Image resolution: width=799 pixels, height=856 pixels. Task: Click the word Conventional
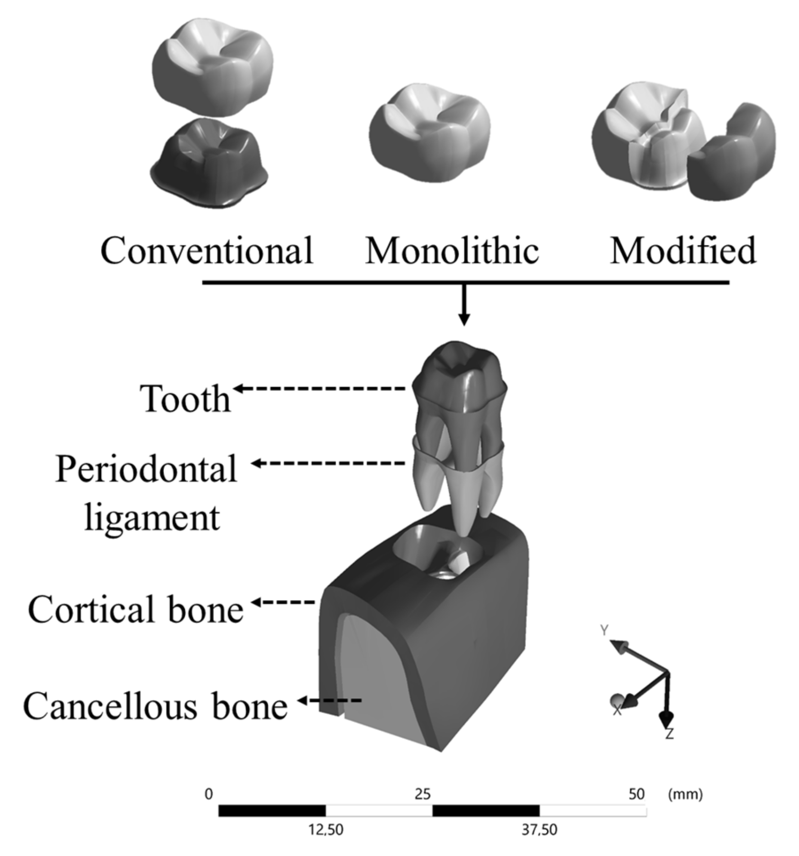click(x=207, y=251)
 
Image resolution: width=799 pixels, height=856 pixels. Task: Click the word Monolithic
click(x=452, y=251)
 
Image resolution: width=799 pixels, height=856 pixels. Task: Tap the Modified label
click(x=682, y=251)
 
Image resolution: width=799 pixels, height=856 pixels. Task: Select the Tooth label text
click(x=185, y=399)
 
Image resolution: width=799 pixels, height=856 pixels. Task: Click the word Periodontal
click(x=146, y=469)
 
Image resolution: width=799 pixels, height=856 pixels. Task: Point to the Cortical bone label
click(x=136, y=610)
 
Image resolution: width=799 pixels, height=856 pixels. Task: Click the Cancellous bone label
click(x=155, y=706)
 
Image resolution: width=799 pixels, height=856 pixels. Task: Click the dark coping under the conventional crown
click(x=209, y=164)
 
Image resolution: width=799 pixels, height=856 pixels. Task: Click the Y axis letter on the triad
click(x=604, y=630)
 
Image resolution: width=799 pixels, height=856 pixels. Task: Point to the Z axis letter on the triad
click(x=669, y=734)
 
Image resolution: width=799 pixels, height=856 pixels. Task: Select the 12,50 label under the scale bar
click(x=326, y=830)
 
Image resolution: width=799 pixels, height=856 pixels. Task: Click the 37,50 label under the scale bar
click(x=539, y=830)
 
